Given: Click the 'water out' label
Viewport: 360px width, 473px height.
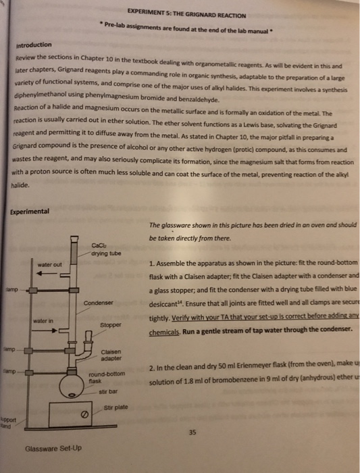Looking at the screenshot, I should [x=50, y=264].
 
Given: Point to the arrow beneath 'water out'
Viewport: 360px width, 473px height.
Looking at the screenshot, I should [x=46, y=274].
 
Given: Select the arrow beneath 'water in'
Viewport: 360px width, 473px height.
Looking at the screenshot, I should [x=46, y=321].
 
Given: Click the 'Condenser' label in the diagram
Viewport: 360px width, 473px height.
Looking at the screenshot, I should [x=98, y=302].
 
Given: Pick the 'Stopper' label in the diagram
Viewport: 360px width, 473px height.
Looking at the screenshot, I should [x=109, y=325].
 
